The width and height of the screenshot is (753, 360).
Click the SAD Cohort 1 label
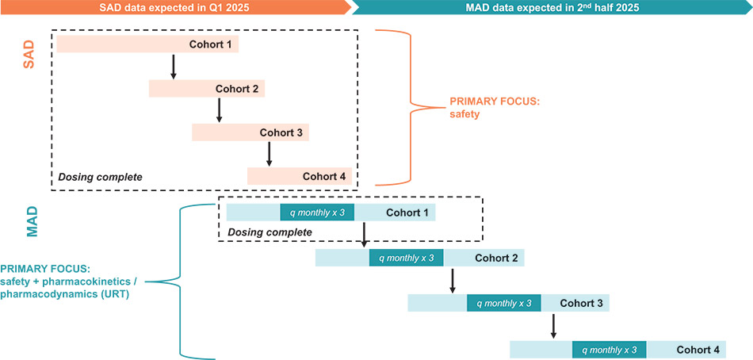pos(210,44)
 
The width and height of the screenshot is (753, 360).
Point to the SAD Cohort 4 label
pos(324,176)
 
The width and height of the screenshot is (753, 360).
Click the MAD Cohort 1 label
pos(407,213)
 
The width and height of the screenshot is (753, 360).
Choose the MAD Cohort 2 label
pos(496,258)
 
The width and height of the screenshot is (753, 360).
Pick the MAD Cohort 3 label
pos(581,303)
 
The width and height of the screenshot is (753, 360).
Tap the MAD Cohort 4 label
pos(698,349)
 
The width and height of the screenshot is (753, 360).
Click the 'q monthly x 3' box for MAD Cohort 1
pos(317,213)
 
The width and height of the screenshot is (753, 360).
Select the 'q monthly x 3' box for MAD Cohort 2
pos(406,258)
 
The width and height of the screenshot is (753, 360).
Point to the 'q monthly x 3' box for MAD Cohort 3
pos(503,303)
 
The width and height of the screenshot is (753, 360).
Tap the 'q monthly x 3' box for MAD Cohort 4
pos(610,349)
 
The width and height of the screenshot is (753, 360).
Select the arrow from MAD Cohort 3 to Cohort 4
pos(553,325)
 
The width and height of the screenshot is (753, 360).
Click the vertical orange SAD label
pos(29,56)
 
